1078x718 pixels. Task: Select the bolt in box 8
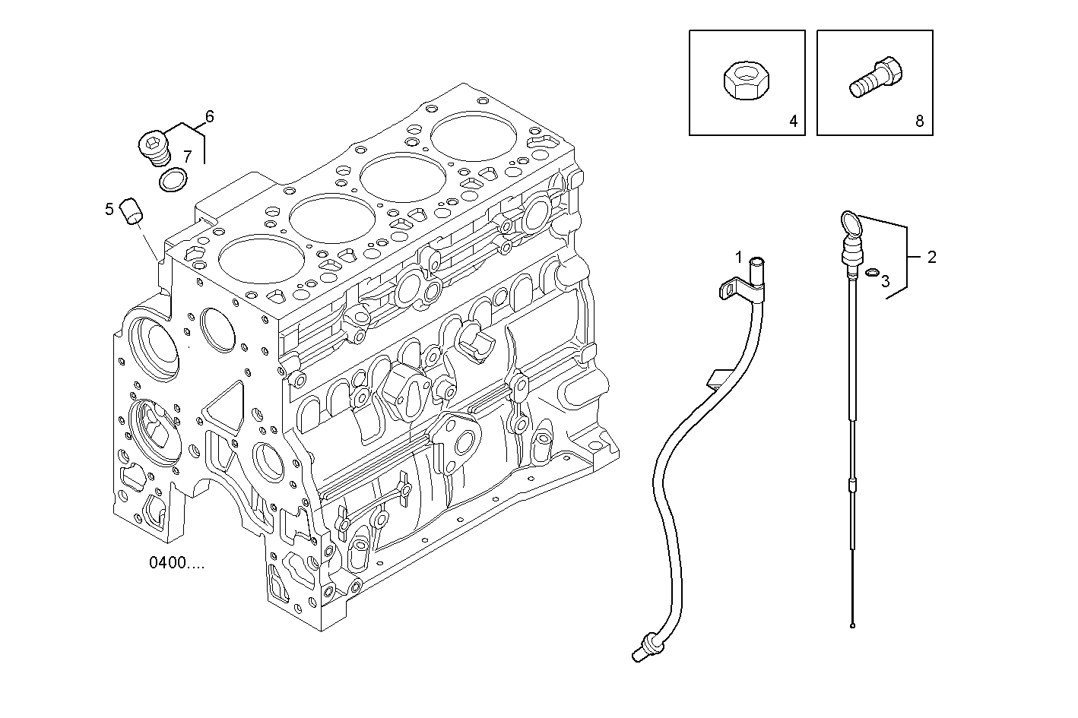(875, 79)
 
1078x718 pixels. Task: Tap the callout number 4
(792, 121)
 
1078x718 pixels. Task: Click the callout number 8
(919, 121)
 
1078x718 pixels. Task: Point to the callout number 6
(209, 116)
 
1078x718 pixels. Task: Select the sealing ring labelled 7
(173, 181)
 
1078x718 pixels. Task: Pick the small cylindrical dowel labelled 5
(134, 210)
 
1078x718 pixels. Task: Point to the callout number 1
(738, 258)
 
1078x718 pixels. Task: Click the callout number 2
(931, 257)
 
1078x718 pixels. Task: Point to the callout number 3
(885, 282)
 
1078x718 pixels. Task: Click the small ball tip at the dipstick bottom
(854, 626)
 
